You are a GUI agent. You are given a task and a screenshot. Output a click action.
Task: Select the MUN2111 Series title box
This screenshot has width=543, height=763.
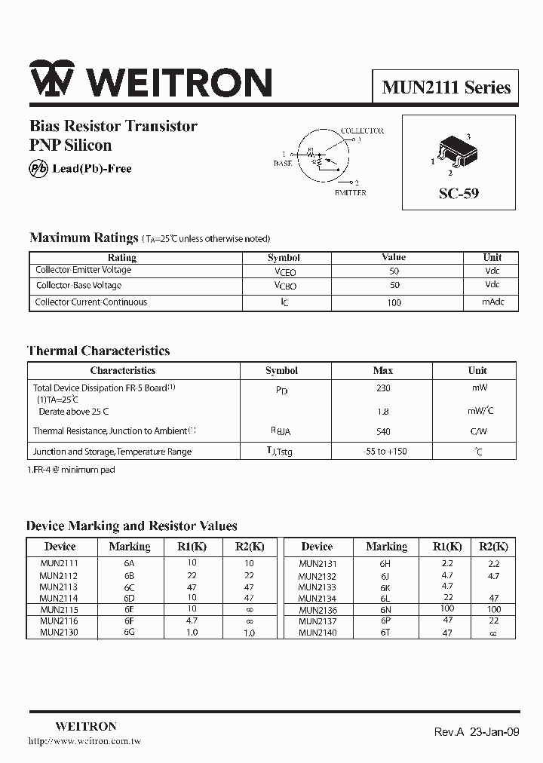(x=446, y=87)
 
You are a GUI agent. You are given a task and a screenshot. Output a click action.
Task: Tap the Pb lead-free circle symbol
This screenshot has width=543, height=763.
(x=38, y=169)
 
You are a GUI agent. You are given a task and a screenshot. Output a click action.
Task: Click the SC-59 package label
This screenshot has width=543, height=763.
(x=459, y=193)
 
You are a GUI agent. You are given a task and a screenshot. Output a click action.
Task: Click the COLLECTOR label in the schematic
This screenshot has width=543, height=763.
(x=362, y=131)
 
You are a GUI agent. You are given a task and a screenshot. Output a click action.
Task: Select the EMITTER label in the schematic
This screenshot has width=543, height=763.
(x=350, y=193)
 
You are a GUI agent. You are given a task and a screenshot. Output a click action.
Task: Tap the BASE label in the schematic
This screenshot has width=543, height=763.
(x=283, y=164)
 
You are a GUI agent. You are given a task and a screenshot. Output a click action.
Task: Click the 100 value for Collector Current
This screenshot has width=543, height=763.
(x=394, y=302)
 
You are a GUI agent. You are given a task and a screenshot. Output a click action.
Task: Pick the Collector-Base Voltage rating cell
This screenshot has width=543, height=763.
(x=78, y=286)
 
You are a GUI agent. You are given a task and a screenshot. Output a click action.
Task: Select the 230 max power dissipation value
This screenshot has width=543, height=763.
(x=383, y=388)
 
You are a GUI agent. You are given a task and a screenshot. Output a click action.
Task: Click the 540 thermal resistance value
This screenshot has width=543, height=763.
(x=383, y=431)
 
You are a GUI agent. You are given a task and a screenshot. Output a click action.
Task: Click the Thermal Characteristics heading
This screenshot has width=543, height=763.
(x=99, y=351)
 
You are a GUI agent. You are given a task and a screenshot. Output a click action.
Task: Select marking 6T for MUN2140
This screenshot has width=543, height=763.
(x=385, y=633)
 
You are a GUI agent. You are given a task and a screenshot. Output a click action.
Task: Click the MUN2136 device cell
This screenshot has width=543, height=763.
(x=318, y=610)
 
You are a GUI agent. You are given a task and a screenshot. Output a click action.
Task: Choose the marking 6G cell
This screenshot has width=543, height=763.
(x=129, y=633)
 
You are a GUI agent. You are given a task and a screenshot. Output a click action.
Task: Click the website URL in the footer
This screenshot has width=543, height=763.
(x=84, y=742)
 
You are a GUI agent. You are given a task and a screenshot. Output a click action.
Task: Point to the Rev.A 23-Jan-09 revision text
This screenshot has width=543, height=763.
(x=476, y=732)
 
